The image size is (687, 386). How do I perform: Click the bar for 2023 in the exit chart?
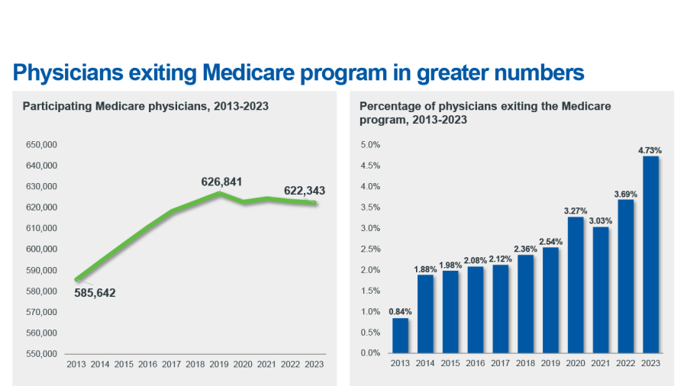(650, 255)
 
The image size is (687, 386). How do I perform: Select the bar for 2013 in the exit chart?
(400, 336)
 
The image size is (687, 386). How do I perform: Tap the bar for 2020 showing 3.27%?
(576, 285)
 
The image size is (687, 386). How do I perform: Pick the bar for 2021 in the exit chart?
(601, 290)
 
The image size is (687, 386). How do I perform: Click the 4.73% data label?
(650, 150)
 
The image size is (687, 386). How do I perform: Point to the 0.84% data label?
(400, 311)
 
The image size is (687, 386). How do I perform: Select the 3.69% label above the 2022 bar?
(626, 194)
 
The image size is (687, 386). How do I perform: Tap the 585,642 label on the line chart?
(95, 292)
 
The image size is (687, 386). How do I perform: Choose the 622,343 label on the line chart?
(305, 191)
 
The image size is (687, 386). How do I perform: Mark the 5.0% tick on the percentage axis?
(370, 144)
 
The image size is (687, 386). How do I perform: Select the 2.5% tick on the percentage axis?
(370, 249)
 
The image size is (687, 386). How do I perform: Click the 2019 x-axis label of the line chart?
(219, 365)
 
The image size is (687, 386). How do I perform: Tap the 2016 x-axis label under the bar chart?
(476, 364)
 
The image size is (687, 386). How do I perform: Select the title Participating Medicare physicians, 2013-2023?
(145, 106)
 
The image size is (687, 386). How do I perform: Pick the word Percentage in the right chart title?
(390, 106)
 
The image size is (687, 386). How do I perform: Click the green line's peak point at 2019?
(219, 193)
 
